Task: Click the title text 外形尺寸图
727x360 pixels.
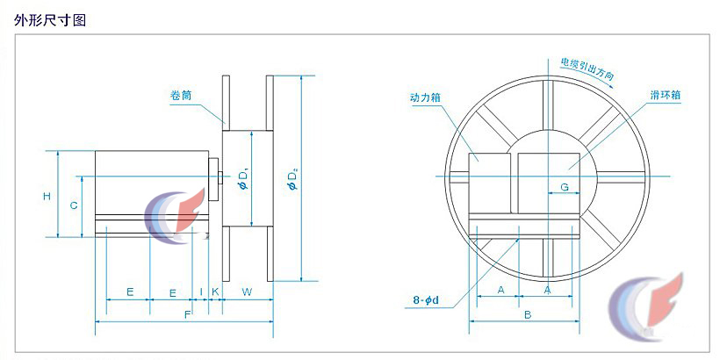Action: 50,19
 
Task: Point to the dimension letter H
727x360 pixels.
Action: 47,196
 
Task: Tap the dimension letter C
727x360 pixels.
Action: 75,205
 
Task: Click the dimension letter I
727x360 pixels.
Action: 201,290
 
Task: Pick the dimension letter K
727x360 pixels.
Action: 214,290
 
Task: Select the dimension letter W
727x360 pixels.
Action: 247,290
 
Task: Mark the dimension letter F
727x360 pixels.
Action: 186,313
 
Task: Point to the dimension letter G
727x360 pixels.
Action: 565,187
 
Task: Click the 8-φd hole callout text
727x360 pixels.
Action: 426,301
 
